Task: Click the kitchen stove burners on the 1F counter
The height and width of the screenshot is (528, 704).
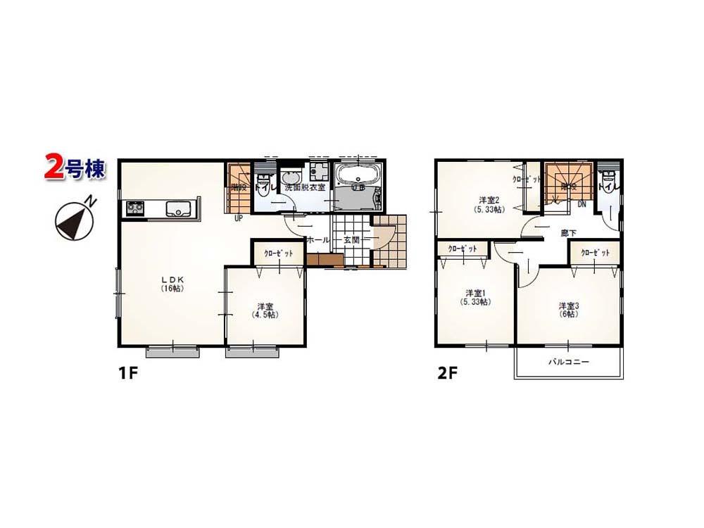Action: coord(134,208)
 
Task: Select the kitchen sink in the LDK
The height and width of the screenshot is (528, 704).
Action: coord(177,208)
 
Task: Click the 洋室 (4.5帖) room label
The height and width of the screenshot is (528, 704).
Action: coord(265,310)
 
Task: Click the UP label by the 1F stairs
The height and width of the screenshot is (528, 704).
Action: coord(240,218)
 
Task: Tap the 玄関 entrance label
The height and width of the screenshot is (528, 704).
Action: coord(351,240)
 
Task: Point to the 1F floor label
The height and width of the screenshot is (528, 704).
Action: coord(126,374)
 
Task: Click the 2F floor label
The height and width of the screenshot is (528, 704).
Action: coord(447,374)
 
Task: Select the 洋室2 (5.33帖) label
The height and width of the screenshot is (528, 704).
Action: coord(488,204)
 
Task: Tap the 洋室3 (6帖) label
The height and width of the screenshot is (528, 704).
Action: coord(569,309)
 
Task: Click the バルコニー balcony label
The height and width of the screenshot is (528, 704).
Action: coord(569,362)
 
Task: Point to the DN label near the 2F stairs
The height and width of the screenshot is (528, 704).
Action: coord(582,204)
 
